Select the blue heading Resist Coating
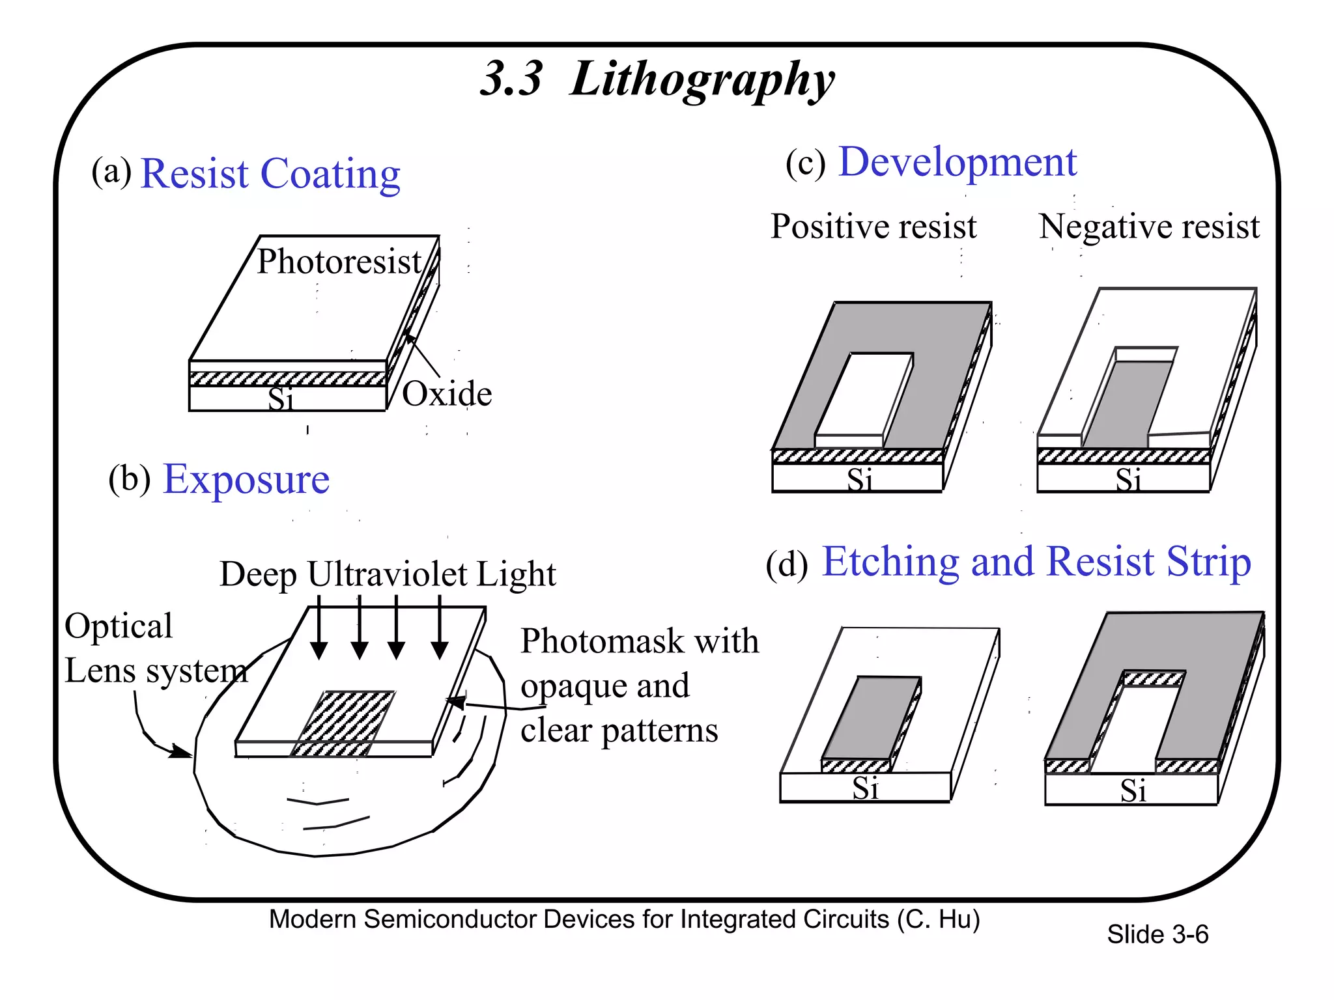(270, 174)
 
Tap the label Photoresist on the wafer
(339, 262)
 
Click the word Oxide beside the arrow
(447, 394)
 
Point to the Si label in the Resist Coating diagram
(281, 398)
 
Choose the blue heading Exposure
(246, 480)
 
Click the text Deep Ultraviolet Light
(388, 574)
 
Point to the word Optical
(119, 626)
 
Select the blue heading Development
(957, 162)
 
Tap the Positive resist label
(873, 227)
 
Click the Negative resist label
(1149, 227)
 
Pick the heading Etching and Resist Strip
(1036, 562)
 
